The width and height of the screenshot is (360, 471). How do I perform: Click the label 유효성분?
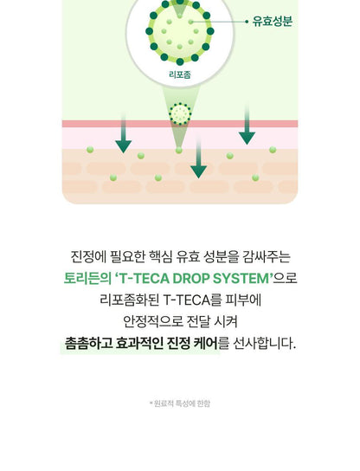pos(273,22)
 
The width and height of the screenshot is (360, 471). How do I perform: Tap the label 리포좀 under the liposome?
pos(180,74)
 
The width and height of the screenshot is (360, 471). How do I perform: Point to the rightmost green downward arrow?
pos(247,124)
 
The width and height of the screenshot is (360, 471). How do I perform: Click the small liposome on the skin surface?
pos(180,113)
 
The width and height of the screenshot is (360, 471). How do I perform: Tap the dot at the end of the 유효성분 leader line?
pos(247,22)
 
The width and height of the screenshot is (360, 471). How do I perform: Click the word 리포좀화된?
pos(129,300)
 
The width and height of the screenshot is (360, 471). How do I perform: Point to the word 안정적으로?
pos(153,322)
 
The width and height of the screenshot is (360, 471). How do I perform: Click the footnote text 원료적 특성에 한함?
pos(182,403)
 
